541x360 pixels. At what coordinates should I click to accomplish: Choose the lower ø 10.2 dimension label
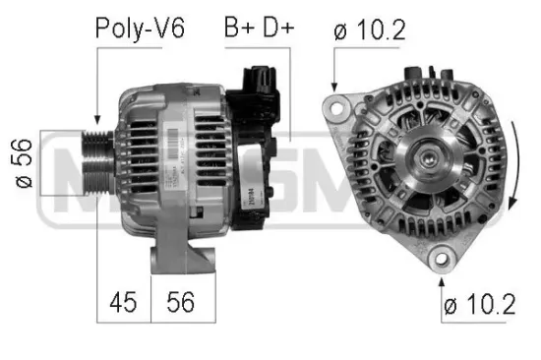pyautogui.click(x=479, y=306)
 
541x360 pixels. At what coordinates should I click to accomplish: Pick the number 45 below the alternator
pyautogui.click(x=123, y=301)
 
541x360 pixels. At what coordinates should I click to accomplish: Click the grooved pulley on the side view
pyautogui.click(x=99, y=162)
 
